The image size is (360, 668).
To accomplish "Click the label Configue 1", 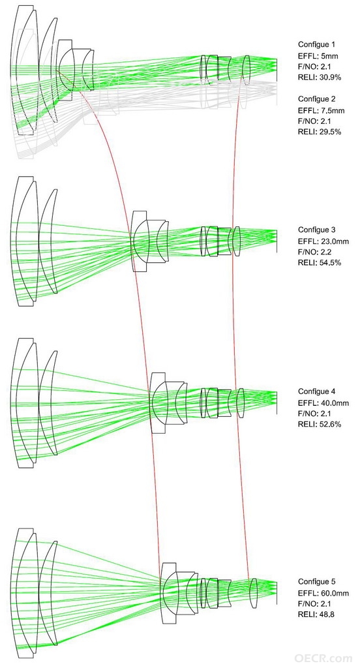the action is coord(316,45).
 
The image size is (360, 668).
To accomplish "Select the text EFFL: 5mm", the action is coord(318,56).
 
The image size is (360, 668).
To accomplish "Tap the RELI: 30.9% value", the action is coord(320,78).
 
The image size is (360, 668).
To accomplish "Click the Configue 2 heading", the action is coord(316,99).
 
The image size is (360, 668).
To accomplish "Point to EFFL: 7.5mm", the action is coord(322,110).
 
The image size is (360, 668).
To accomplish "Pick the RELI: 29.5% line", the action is coord(320,132).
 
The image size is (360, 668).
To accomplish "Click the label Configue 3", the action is coord(316,230).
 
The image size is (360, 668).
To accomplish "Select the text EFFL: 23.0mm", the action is coord(323,241).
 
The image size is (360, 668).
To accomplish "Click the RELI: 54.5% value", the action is coord(320,263).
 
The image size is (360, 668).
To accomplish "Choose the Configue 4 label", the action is coord(316,392).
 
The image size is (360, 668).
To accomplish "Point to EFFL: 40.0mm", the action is coord(323,403).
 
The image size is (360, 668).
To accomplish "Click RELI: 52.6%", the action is coord(320,424).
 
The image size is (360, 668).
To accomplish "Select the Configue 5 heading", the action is coord(316,582).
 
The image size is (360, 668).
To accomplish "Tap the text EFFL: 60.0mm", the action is coord(323,593).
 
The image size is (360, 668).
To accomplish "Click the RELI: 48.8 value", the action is coord(316,615).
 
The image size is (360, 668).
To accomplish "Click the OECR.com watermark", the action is coord(323,658).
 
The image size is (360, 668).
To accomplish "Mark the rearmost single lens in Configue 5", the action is coord(254,593).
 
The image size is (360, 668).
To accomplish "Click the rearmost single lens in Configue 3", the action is coord(237,241).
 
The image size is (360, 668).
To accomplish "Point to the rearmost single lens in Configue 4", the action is coord(241,403).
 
